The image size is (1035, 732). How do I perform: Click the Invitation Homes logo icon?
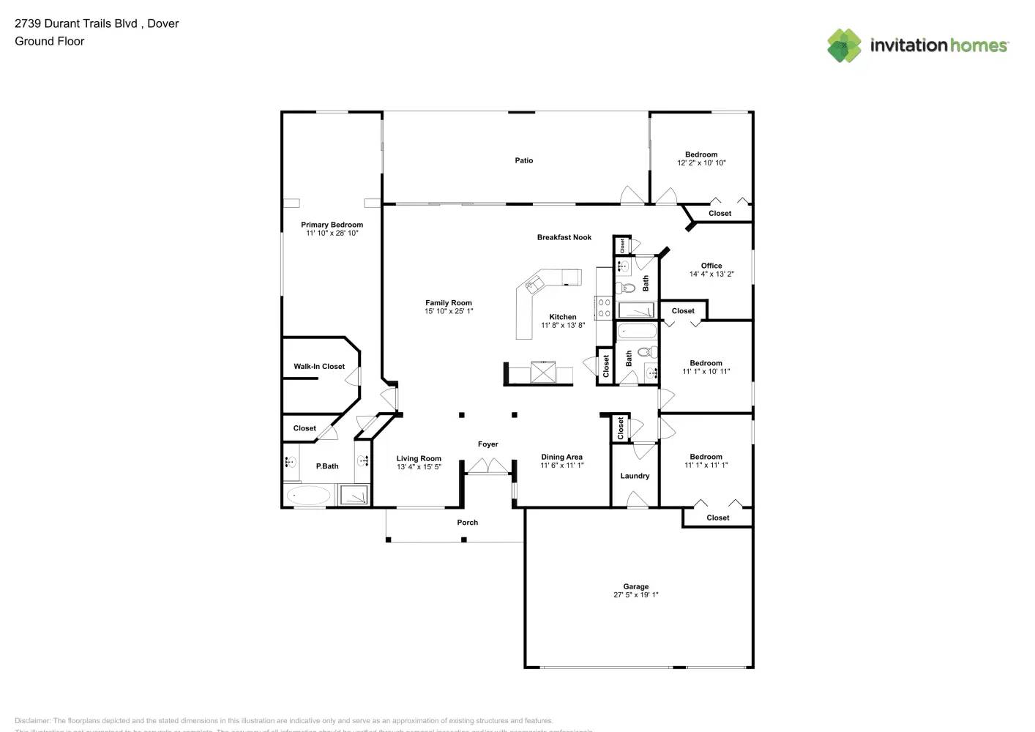click(844, 45)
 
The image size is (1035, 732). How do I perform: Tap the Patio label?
click(523, 160)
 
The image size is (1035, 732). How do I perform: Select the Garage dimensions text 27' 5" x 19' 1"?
click(635, 595)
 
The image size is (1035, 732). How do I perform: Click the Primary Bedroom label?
click(332, 225)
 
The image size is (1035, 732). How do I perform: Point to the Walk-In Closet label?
click(319, 367)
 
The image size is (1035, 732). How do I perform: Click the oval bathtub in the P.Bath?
click(307, 496)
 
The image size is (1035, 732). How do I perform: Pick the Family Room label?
click(449, 302)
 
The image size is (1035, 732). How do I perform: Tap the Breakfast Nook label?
click(564, 237)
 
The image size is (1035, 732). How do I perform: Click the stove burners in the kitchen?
click(604, 308)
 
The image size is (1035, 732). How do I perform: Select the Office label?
click(711, 266)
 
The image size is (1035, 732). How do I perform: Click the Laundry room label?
click(635, 476)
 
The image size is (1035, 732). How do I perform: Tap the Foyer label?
click(487, 444)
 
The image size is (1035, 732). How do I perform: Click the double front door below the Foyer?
click(487, 466)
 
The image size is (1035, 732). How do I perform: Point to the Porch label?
click(467, 523)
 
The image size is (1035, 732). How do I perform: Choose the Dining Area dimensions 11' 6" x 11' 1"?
click(561, 466)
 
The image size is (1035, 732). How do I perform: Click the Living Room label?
click(419, 459)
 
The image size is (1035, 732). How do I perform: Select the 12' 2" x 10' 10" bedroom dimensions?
click(701, 163)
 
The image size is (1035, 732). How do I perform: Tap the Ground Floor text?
click(49, 41)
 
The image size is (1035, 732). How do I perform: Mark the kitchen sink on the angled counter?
click(535, 282)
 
